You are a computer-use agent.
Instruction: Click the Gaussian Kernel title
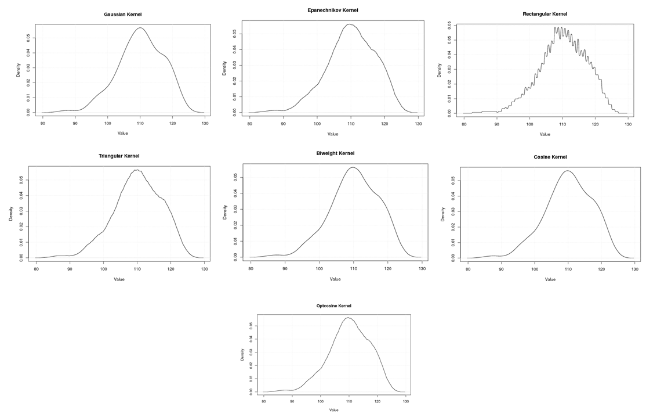click(122, 14)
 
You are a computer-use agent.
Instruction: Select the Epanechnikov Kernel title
click(333, 10)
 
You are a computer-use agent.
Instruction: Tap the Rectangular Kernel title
click(545, 14)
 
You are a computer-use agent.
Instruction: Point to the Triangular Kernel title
click(119, 156)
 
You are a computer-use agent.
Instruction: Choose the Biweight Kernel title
click(335, 153)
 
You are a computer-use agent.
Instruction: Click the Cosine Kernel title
click(550, 157)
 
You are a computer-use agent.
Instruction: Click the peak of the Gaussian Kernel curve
click(140, 28)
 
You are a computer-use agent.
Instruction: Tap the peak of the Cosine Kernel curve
click(568, 171)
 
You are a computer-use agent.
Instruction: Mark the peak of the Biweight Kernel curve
click(353, 167)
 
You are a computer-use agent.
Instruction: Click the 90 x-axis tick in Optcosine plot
click(292, 402)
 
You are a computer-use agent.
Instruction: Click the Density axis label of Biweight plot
click(225, 212)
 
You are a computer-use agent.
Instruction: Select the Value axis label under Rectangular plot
click(545, 135)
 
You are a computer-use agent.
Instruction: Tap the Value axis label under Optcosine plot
click(333, 410)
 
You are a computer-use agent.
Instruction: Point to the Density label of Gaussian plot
click(19, 70)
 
